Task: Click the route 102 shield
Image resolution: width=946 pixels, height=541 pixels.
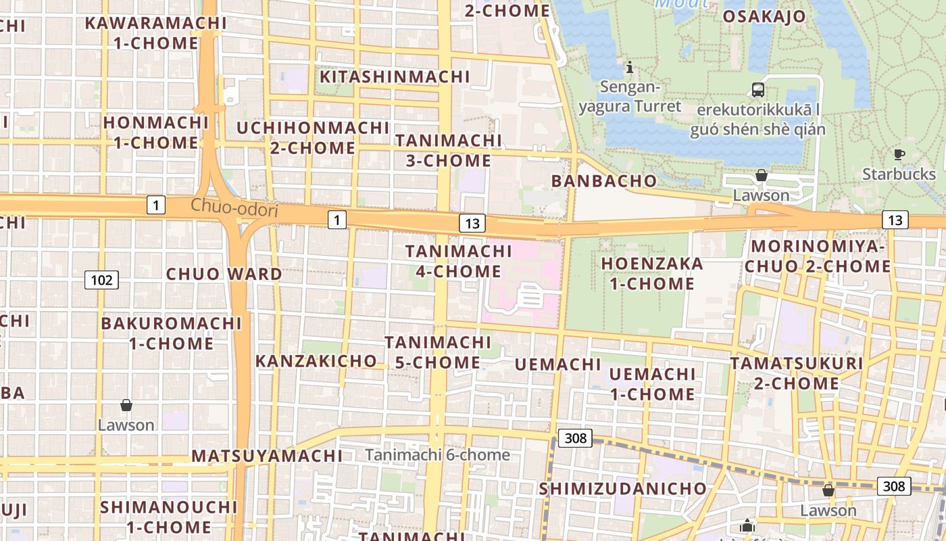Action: tap(101, 279)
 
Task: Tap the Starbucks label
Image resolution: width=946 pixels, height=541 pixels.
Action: tap(899, 174)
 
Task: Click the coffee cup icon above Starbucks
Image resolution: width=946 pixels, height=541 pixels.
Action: tap(899, 154)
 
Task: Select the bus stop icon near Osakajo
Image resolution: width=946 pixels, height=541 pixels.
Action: tap(758, 89)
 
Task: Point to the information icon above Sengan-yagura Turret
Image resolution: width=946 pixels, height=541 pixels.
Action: tap(630, 67)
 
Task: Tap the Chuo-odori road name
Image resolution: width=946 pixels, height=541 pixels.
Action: tap(234, 208)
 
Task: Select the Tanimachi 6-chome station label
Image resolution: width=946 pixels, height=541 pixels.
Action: tap(437, 454)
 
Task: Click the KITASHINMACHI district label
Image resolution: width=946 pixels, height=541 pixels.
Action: tap(395, 76)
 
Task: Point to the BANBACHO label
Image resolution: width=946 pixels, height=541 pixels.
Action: tap(604, 181)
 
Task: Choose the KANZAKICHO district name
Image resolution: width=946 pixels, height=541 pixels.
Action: tap(316, 360)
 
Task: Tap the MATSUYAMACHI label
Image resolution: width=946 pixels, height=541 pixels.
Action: tap(266, 455)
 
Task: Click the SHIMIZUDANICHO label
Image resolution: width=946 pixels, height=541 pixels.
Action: tap(622, 488)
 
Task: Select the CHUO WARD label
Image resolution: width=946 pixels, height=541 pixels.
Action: tap(224, 274)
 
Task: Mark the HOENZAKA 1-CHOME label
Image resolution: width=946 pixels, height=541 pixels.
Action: tap(652, 273)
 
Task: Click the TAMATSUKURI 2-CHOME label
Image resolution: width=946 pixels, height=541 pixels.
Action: tap(796, 373)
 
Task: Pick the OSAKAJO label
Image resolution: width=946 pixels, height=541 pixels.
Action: tap(764, 16)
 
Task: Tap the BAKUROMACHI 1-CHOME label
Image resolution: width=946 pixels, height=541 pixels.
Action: tap(171, 333)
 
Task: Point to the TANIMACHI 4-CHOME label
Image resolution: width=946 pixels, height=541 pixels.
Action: tap(459, 261)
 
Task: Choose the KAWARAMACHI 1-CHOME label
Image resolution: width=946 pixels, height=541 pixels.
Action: tap(155, 32)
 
